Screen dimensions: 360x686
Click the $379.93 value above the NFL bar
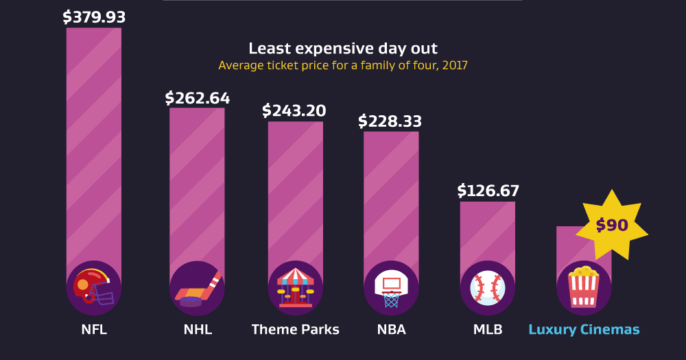94,17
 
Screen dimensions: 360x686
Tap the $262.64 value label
198,98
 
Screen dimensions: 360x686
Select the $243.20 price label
294,110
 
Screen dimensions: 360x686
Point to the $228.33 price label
390,121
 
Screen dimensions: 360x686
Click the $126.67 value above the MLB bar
488,191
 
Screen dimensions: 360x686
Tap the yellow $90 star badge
612,225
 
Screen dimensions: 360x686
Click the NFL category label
94,330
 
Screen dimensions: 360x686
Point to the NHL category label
198,330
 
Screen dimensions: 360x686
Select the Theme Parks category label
295,330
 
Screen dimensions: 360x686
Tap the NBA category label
391,330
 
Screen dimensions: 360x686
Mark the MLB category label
488,330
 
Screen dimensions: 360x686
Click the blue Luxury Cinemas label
584,330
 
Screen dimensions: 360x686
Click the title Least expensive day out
343,49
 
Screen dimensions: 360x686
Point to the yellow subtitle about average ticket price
343,66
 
